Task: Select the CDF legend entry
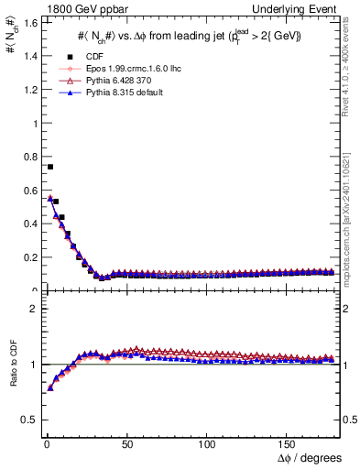tap(93, 56)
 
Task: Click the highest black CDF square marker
tap(49, 167)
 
